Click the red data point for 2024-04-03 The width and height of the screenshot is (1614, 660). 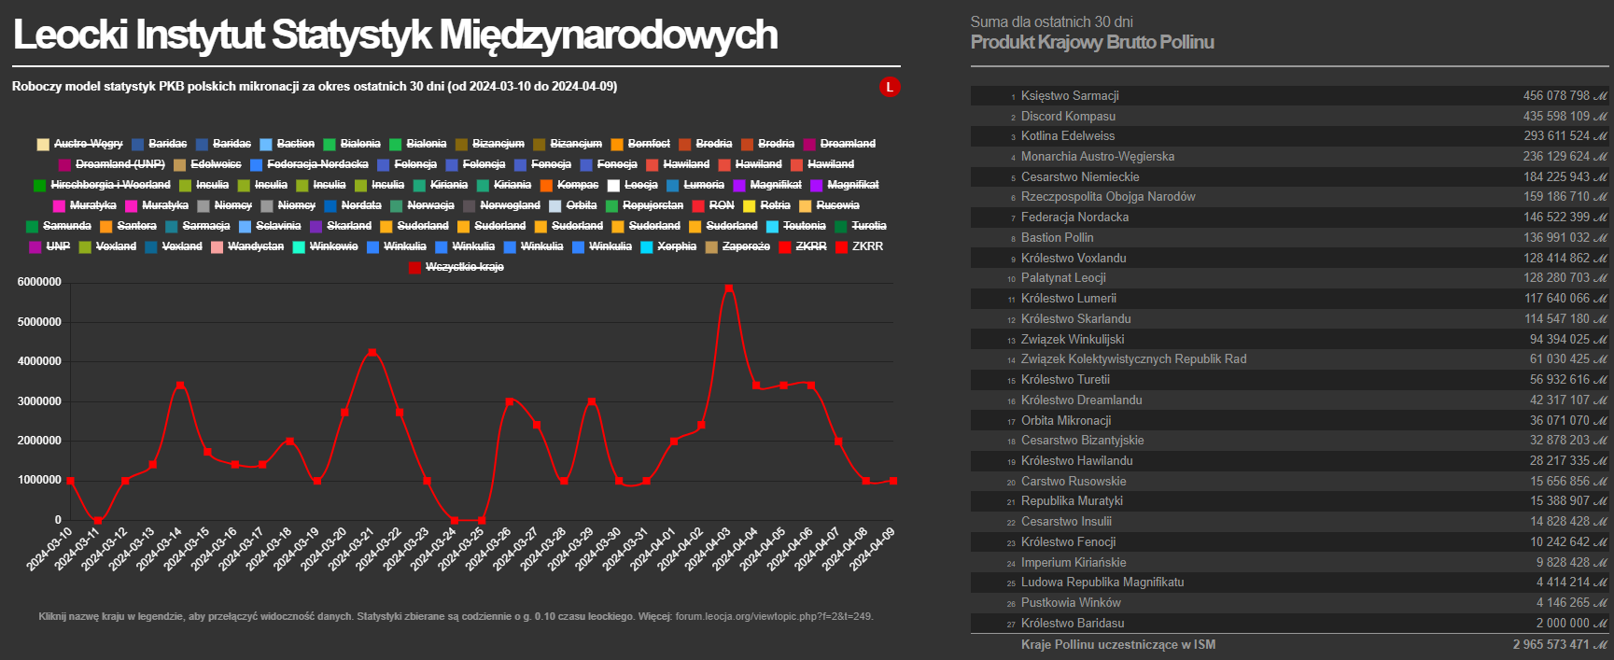point(729,288)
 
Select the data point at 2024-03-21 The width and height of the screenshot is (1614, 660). point(372,352)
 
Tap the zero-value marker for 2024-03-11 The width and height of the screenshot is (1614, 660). point(98,520)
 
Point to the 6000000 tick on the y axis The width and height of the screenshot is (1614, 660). point(39,282)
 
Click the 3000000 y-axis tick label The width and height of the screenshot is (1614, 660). point(39,401)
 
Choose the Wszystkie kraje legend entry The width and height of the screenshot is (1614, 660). point(464,267)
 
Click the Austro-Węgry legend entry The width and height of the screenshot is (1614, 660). point(88,144)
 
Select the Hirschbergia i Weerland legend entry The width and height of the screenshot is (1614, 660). point(110,185)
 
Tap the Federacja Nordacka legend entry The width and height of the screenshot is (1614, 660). point(317,164)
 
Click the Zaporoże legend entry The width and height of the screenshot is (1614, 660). point(746,246)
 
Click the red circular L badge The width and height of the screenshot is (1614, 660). point(890,87)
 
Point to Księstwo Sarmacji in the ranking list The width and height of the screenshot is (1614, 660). point(1070,96)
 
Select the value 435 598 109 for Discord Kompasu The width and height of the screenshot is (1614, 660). point(1556,117)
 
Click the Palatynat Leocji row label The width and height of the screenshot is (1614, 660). point(1063,278)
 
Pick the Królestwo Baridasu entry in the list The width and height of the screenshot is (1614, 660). point(1073,624)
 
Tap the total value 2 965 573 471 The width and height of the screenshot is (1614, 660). point(1551,645)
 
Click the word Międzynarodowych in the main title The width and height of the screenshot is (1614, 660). point(608,35)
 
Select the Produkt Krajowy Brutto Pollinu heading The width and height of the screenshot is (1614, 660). point(1092,42)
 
